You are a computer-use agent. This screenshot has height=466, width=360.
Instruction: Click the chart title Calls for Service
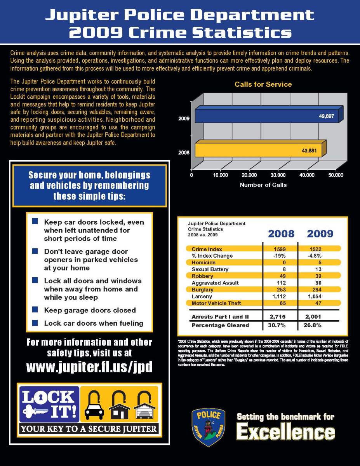pyautogui.click(x=263, y=84)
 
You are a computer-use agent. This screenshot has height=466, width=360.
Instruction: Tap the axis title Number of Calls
pyautogui.click(x=263, y=185)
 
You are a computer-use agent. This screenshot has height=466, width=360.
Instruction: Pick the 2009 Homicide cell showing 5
pyautogui.click(x=318, y=262)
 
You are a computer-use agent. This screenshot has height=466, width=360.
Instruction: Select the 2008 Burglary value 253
pyautogui.click(x=279, y=290)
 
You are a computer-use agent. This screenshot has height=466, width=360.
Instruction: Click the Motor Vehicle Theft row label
pyautogui.click(x=216, y=303)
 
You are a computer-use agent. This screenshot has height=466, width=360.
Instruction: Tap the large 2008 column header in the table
pyautogui.click(x=281, y=234)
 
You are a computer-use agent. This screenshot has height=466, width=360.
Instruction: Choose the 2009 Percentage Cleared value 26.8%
pyautogui.click(x=318, y=325)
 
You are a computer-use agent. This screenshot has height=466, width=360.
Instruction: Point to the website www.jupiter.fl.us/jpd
pyautogui.click(x=89, y=367)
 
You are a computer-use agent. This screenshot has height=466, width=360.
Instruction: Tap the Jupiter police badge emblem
pyautogui.click(x=209, y=427)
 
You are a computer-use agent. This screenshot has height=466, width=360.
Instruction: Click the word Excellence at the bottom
pyautogui.click(x=285, y=432)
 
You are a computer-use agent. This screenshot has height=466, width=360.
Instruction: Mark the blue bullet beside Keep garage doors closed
pyautogui.click(x=35, y=310)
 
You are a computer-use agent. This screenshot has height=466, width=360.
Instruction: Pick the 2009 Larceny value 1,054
pyautogui.click(x=318, y=297)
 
